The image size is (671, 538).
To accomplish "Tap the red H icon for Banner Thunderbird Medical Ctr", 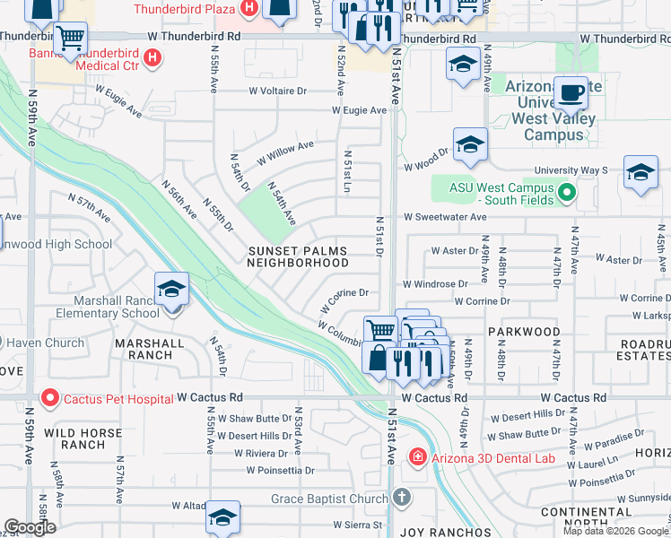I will coord(152,58).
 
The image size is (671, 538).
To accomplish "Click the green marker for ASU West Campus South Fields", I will coord(566,193).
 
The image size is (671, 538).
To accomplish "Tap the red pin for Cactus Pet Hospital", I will coord(49,396).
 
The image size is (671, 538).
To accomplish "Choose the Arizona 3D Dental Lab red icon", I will coord(417,458).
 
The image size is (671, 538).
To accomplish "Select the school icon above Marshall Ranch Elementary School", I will coord(171,290).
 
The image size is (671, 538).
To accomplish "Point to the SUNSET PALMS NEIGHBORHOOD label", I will coord(298,256).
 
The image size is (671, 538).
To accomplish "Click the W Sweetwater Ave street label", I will coord(444,217).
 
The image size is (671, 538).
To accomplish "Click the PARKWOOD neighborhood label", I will coord(524,332).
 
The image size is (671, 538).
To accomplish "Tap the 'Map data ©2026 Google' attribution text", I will coord(615,531).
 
